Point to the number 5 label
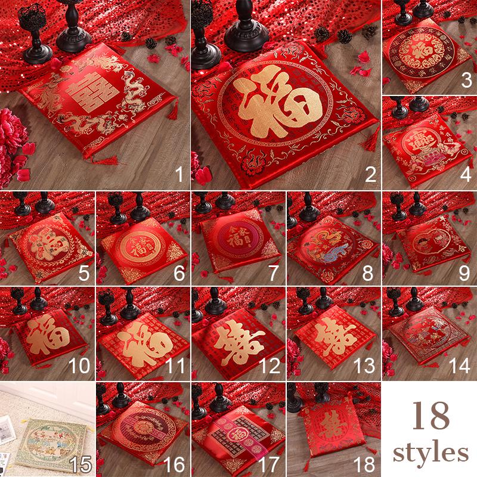pos(82,272)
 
